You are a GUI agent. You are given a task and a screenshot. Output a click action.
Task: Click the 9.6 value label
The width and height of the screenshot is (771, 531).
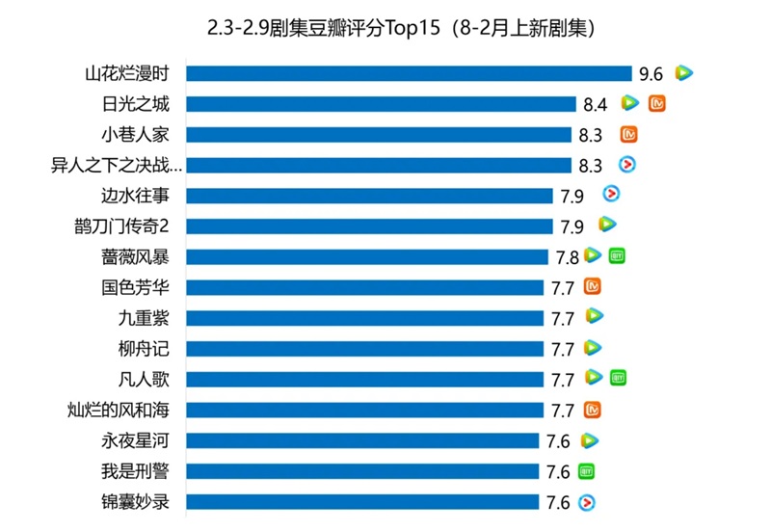(x=650, y=73)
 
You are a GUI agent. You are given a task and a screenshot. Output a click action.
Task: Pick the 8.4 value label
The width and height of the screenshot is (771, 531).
(x=595, y=104)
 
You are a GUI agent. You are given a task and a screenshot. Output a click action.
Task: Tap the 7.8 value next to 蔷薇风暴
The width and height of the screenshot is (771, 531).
(x=567, y=256)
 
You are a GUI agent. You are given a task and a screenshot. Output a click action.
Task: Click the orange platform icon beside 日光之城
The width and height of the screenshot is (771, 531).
(x=658, y=104)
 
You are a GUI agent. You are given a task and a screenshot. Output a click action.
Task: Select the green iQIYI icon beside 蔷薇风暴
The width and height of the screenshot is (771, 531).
(x=618, y=256)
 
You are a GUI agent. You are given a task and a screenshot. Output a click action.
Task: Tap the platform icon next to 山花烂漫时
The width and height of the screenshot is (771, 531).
(x=683, y=73)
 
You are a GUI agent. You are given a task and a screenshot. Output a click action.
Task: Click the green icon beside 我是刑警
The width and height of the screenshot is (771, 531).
(x=587, y=471)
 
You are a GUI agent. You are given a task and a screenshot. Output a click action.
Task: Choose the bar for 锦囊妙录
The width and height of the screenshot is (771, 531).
(x=362, y=502)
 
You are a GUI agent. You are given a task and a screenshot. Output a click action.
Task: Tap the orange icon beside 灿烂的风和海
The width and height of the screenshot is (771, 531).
(x=594, y=410)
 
